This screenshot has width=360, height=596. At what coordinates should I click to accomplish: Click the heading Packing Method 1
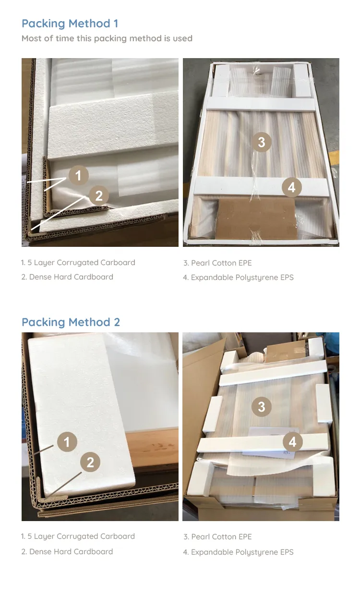[x=70, y=24]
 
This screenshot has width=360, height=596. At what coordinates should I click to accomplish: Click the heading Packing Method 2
[x=71, y=322]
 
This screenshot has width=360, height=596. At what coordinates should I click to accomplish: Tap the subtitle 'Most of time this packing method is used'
[x=107, y=38]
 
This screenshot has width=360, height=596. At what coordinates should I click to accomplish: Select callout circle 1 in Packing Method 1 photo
[x=78, y=176]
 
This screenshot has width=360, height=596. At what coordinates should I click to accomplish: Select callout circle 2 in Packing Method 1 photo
[x=98, y=196]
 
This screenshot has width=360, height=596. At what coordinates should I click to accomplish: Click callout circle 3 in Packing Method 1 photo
[x=262, y=142]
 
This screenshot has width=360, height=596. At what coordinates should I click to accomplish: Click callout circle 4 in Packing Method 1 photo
[x=292, y=187]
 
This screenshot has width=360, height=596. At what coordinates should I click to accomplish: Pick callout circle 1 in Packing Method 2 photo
[x=67, y=442]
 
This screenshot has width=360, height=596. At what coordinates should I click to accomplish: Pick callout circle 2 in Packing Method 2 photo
[x=90, y=462]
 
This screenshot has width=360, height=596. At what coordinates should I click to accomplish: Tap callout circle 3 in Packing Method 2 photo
[x=262, y=407]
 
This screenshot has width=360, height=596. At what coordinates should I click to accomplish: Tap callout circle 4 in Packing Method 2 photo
[x=292, y=442]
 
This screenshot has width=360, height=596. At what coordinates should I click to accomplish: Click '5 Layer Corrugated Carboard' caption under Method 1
[x=78, y=263]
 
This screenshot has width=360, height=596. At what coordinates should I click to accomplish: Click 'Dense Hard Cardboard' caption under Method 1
[x=67, y=277]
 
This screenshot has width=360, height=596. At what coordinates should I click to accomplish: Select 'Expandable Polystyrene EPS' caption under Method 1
[x=238, y=278]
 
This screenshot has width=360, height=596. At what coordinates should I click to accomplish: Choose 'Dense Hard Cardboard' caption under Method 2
[x=67, y=552]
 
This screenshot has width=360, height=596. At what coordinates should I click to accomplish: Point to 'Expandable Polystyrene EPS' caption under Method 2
[x=238, y=552]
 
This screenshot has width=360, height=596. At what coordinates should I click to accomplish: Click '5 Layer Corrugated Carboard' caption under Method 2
[x=78, y=536]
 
